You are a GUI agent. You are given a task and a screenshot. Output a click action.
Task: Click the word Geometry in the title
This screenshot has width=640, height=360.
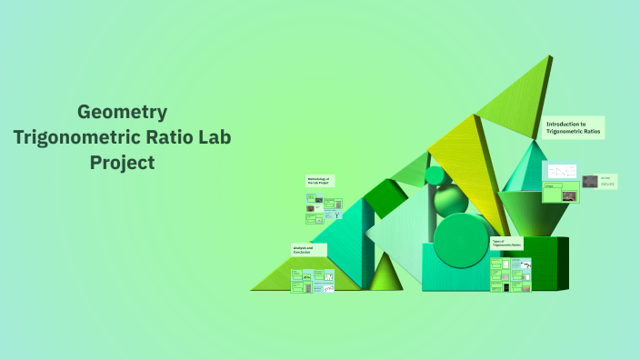[122, 113]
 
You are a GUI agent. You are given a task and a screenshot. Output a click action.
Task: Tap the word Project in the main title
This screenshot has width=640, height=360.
[122, 163]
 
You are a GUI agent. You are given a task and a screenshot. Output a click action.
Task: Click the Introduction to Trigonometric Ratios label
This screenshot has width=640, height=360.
[574, 127]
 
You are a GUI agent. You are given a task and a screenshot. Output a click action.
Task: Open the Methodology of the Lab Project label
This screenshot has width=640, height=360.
[319, 181]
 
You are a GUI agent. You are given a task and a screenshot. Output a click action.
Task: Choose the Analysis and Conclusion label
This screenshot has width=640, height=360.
[303, 249]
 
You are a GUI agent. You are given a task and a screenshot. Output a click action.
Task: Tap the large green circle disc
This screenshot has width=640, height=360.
[461, 238]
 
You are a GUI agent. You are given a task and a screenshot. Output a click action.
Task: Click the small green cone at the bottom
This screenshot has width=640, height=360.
[385, 274]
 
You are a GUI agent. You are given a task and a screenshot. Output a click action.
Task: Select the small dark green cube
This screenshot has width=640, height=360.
[386, 195]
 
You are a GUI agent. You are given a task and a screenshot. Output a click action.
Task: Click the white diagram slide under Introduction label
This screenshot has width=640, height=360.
[560, 172]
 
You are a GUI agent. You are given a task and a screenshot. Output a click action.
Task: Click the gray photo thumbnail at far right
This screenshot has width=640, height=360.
[590, 181]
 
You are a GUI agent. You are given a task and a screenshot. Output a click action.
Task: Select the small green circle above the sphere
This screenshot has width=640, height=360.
[435, 175]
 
